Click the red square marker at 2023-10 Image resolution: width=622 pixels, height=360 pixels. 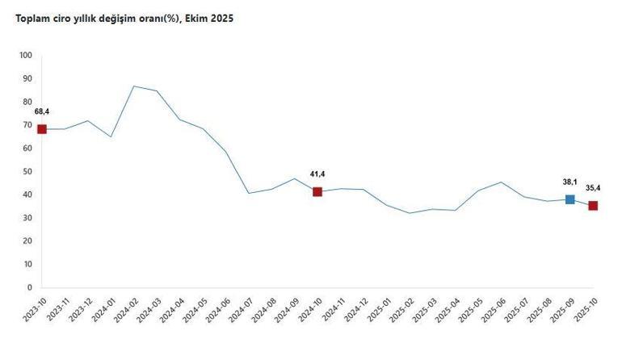(x=42, y=129)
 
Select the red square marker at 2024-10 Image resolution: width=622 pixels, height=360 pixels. (x=317, y=191)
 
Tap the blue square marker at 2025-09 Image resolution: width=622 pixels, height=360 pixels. (x=570, y=199)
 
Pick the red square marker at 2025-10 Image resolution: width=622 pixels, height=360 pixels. (x=593, y=206)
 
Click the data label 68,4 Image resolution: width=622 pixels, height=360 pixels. (x=42, y=111)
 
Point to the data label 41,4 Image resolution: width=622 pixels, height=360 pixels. (x=317, y=174)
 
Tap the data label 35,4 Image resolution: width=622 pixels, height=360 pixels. (x=593, y=188)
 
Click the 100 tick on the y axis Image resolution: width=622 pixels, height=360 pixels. (x=24, y=56)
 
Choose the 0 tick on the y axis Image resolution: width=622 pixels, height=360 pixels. (x=29, y=287)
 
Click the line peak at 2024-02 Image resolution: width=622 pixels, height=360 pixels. (x=134, y=86)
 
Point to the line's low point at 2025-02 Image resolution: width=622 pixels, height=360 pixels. (x=410, y=213)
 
